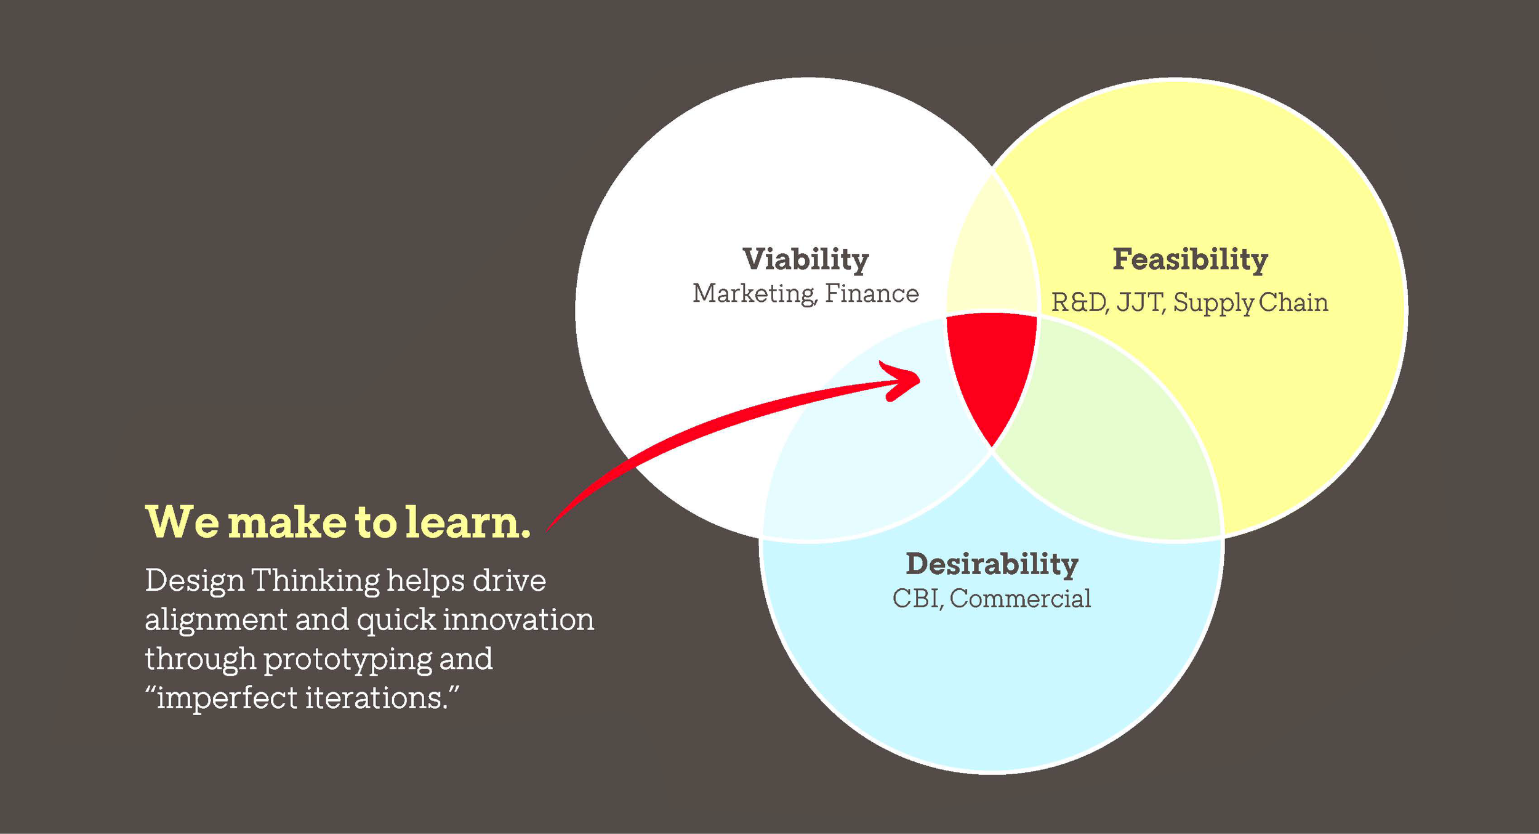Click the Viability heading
pos(805,259)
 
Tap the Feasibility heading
pos(1190,259)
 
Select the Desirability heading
pos(992,564)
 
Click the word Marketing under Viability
pos(753,294)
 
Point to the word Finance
pos(872,294)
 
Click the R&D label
pos(1079,302)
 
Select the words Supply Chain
pos(1250,303)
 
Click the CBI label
pos(917,598)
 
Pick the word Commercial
pos(1020,598)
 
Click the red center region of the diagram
pos(992,363)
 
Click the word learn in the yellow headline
pos(468,522)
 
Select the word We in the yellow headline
pos(182,522)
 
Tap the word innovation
pos(518,620)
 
